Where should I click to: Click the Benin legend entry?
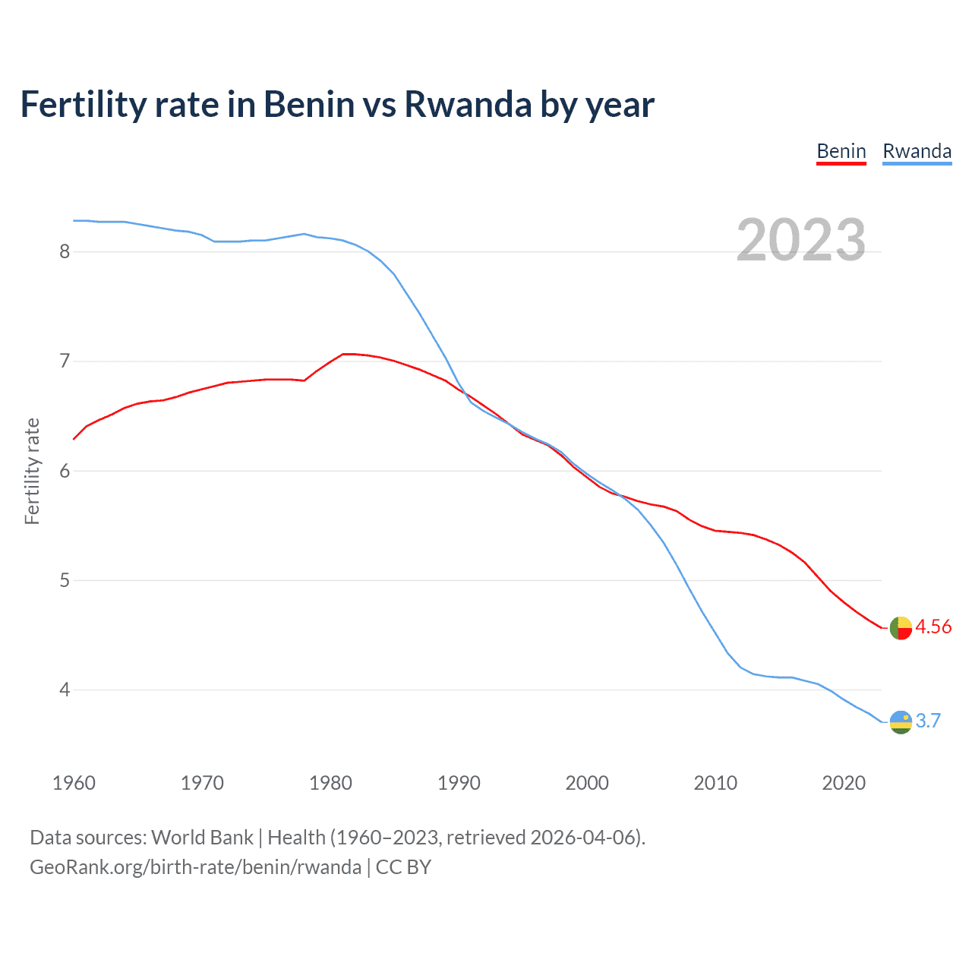(x=841, y=151)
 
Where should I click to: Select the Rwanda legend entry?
(x=917, y=151)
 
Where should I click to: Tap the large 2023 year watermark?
(x=800, y=240)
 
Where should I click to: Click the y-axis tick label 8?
(x=65, y=251)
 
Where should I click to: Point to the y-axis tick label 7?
(x=65, y=361)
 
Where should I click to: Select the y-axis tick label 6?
(x=65, y=471)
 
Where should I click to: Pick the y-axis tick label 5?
(x=65, y=580)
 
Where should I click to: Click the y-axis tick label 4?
(x=65, y=690)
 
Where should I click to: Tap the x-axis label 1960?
(x=74, y=783)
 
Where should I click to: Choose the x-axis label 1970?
(x=202, y=783)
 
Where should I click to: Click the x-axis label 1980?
(x=330, y=783)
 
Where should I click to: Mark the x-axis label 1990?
(x=459, y=783)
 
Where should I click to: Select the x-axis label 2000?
(x=587, y=783)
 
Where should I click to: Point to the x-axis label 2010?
(x=715, y=783)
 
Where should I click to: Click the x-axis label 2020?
(x=844, y=783)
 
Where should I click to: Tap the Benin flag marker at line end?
(x=901, y=628)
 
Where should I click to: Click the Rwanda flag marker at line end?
(x=901, y=722)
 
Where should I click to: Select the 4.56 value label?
(x=933, y=626)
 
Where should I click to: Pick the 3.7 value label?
(x=928, y=721)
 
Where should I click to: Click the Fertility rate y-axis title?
(x=32, y=471)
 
